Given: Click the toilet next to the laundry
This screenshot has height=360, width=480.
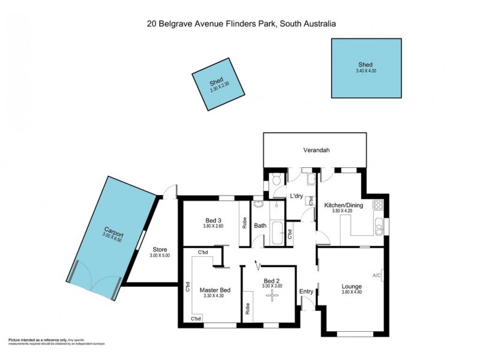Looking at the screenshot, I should [x=275, y=179].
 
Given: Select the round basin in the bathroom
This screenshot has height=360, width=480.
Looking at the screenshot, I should [x=259, y=204].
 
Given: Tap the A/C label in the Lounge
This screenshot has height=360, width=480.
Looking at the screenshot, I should [x=377, y=275].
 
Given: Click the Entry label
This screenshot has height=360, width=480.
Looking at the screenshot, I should [x=307, y=292].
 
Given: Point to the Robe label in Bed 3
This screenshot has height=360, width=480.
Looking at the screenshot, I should [x=244, y=223].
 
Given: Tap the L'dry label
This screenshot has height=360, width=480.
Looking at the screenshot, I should [x=296, y=196].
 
